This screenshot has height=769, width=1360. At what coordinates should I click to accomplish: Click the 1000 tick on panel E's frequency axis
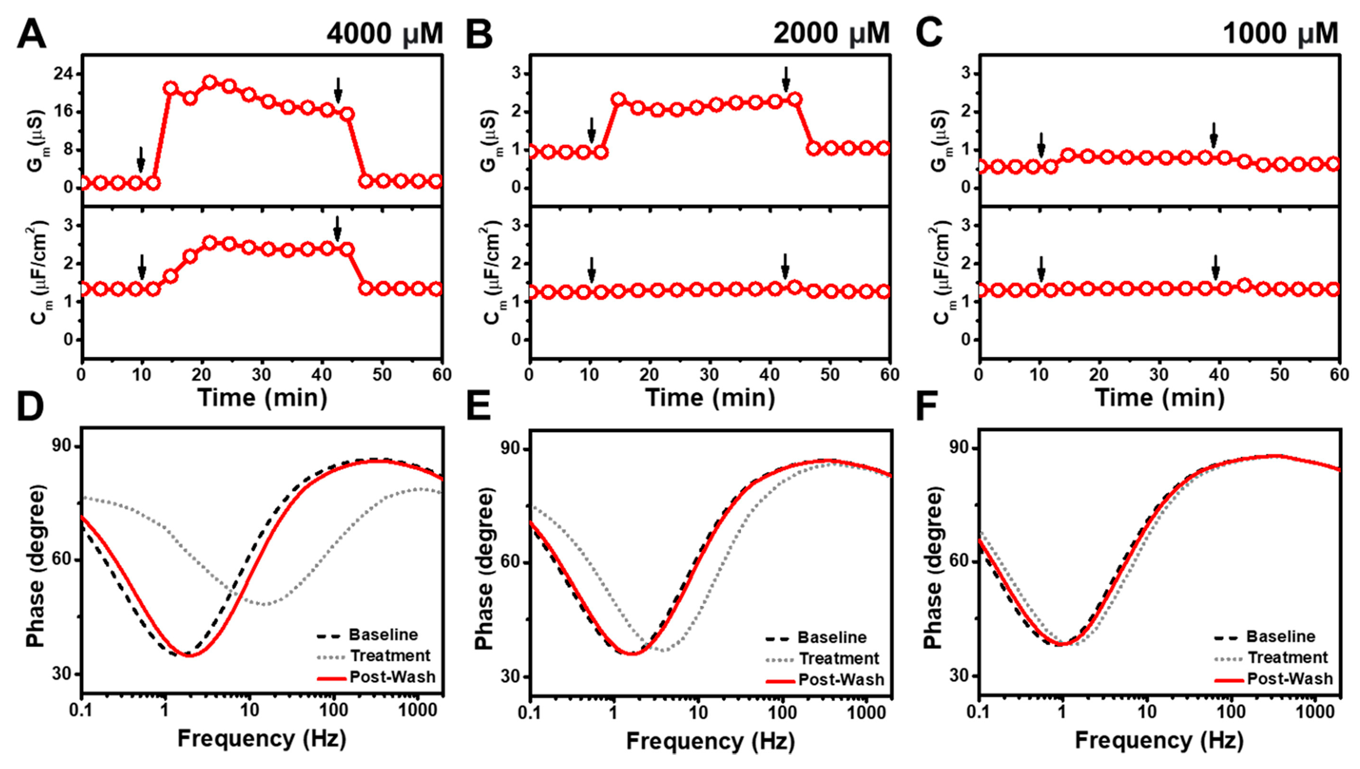866,713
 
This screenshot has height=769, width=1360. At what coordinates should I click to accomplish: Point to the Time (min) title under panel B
710,398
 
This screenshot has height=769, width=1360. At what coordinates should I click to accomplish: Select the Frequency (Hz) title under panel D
262,738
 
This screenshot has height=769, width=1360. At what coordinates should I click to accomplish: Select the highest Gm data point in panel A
210,82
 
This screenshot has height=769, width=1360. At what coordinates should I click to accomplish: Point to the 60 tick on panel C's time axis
1339,374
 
